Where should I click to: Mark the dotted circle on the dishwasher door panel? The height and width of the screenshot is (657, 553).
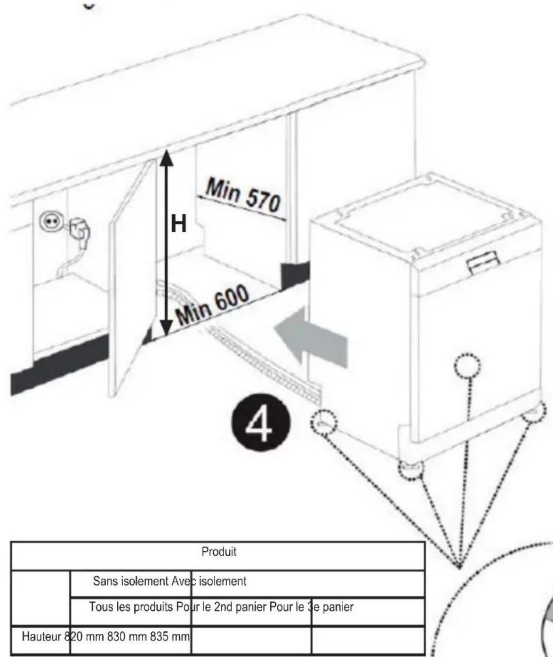tap(467, 367)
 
